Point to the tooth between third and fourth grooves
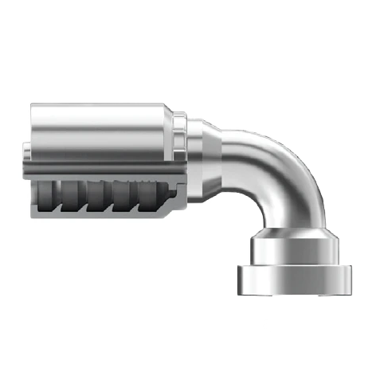119,199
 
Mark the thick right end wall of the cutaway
180,199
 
